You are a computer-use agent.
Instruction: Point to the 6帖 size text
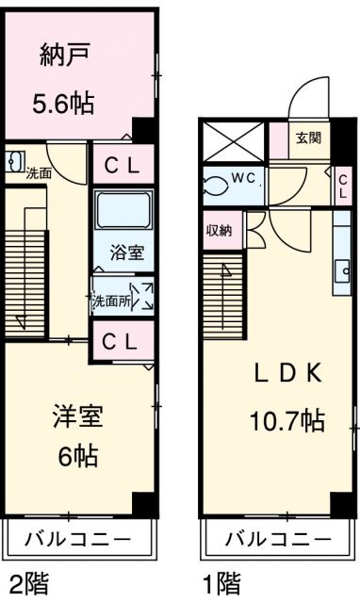pyautogui.click(x=77, y=458)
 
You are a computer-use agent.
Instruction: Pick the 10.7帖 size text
pyautogui.click(x=286, y=419)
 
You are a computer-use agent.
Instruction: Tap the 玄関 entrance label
pyautogui.click(x=308, y=138)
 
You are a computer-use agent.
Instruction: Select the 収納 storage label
pyautogui.click(x=218, y=229)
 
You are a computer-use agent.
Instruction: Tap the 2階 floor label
pyautogui.click(x=30, y=579)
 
